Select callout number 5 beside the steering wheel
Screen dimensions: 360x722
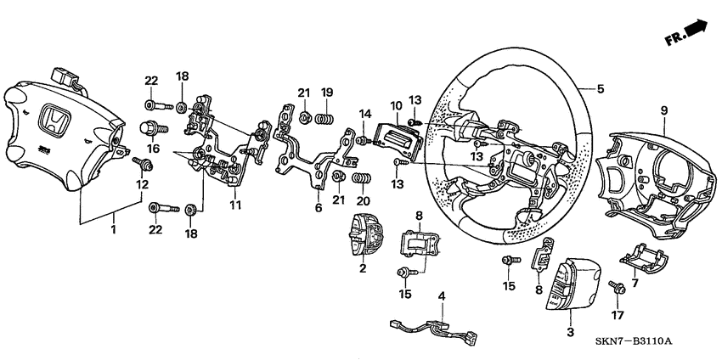[601, 87]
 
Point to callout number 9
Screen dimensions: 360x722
[663, 110]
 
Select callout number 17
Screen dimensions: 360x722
[617, 315]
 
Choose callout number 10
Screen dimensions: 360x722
[395, 106]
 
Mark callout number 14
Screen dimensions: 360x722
[364, 114]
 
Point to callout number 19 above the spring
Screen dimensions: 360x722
[327, 92]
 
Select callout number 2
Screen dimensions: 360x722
[362, 268]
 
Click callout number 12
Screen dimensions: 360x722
[142, 184]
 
